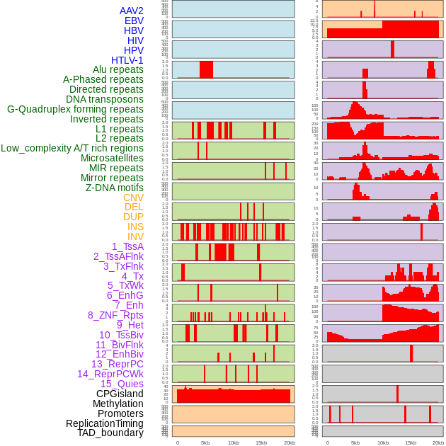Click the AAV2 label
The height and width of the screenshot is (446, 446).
132,11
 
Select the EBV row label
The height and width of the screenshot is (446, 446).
134,21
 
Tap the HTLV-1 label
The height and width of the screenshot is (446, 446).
127,60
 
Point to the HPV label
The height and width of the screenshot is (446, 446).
134,50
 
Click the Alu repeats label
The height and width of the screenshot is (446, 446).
118,70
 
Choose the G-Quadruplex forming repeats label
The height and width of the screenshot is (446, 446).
75,109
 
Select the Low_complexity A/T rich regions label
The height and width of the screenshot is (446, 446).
72,148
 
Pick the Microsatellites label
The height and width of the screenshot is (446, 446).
112,158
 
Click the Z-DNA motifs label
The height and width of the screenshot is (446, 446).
115,188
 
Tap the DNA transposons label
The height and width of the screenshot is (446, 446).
105,99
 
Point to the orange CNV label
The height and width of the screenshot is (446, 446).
133,198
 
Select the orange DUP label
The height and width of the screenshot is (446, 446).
133,217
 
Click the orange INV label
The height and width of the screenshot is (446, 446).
135,236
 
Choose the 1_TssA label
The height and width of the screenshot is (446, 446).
127,246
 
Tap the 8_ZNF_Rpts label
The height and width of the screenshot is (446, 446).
115,315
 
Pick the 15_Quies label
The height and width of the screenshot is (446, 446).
122,384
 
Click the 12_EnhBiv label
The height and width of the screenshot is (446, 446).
120,354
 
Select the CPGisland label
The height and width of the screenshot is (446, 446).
120,394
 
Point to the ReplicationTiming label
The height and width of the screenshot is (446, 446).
105,423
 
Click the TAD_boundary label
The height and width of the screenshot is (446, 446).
110,433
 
